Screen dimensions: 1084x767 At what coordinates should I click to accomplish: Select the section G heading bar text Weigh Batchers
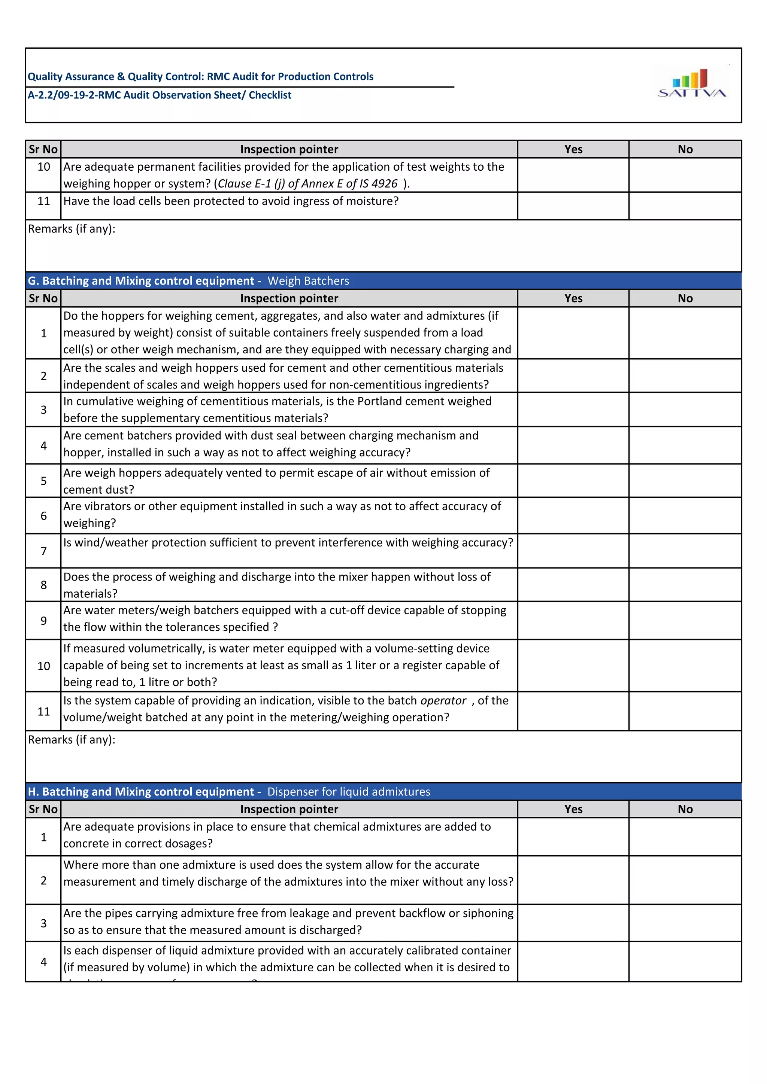(308, 281)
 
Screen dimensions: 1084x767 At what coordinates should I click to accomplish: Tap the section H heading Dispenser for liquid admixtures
(349, 792)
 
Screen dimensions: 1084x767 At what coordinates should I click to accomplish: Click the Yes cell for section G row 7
(573, 551)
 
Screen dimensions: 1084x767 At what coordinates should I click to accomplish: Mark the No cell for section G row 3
(685, 410)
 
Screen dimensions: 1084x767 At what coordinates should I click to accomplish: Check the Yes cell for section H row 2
(573, 880)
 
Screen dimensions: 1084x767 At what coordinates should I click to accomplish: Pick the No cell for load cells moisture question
(685, 206)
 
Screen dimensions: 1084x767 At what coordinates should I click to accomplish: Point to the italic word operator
(443, 701)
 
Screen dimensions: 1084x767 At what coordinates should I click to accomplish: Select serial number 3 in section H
(43, 923)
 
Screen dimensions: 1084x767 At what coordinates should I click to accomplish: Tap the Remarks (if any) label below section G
(71, 740)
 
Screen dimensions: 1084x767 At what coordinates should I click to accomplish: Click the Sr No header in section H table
(43, 809)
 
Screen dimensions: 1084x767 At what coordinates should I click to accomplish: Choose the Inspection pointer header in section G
(289, 298)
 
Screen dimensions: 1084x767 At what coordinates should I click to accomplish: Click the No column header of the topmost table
(685, 149)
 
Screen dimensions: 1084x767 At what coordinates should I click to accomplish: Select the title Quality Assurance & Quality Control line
(200, 76)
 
